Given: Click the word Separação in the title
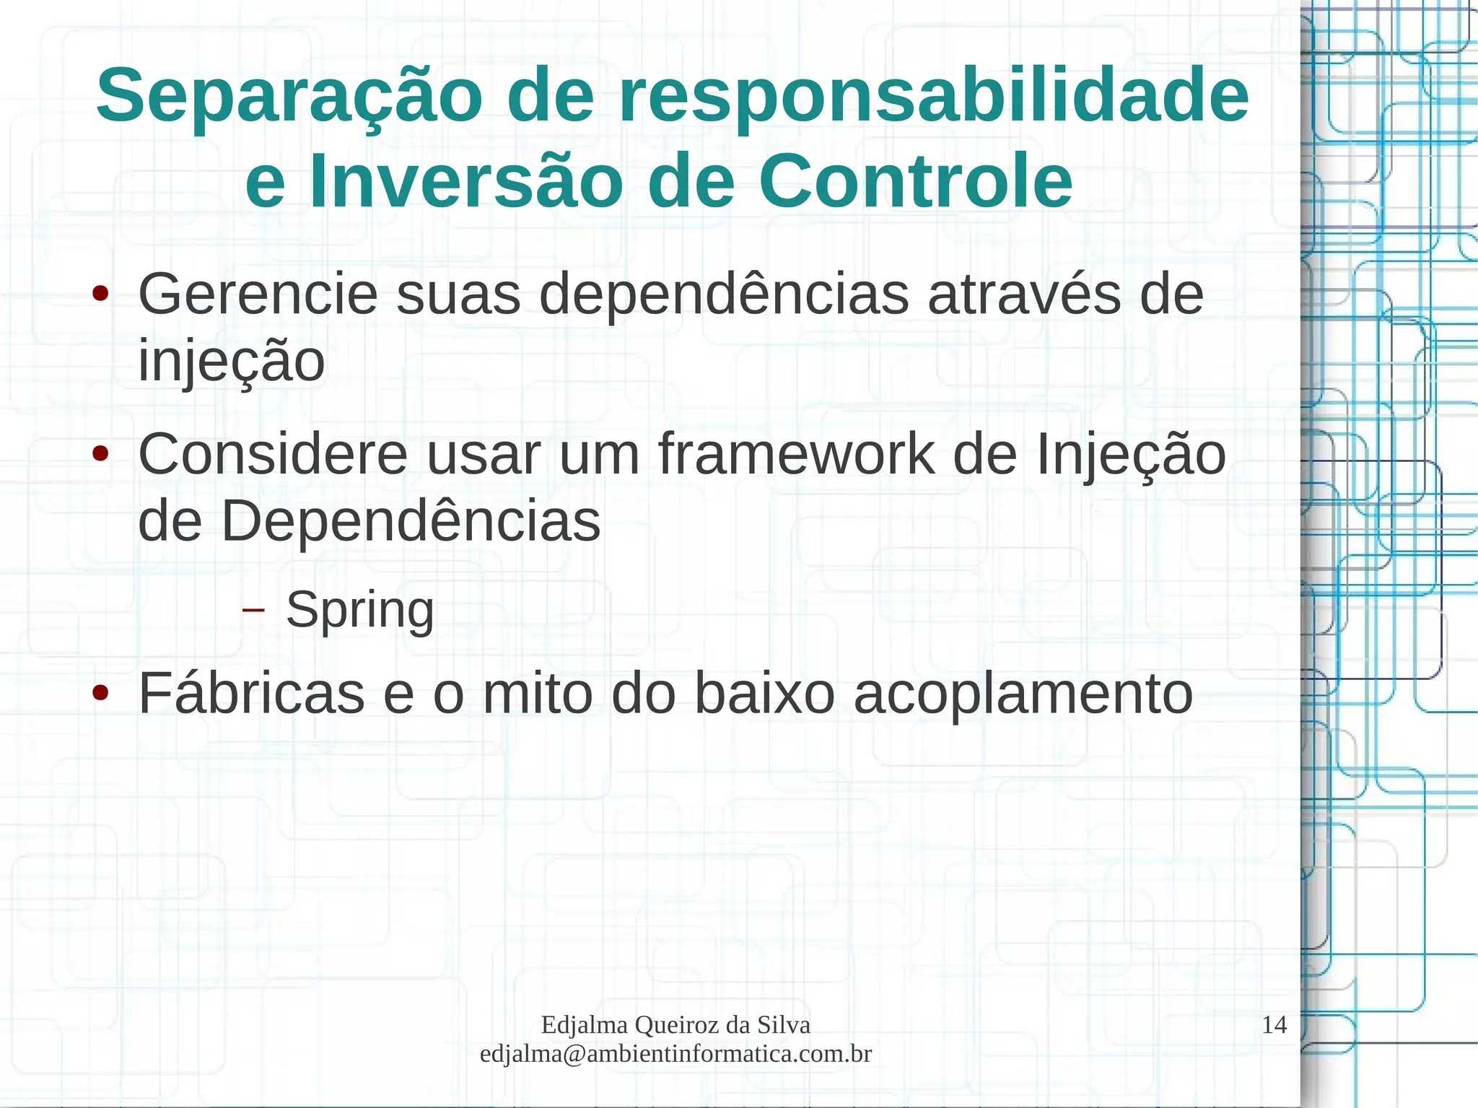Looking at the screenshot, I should (x=289, y=97).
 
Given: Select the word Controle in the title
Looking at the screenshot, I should (x=915, y=181).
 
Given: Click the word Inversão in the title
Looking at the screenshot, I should (x=465, y=181).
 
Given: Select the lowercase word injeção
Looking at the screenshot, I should (x=231, y=361).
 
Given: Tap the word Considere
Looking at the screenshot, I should (x=273, y=455).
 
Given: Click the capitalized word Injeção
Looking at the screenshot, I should (x=1131, y=455).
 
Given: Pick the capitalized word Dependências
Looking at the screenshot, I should (x=410, y=521).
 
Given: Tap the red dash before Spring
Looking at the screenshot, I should (x=253, y=611).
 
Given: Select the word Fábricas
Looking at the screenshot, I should (x=251, y=694).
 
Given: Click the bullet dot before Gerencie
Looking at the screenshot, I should (x=100, y=294).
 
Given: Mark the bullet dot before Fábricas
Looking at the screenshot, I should (x=100, y=694).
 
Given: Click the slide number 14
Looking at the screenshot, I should (x=1274, y=1025).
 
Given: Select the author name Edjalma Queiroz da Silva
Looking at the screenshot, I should (x=675, y=1025).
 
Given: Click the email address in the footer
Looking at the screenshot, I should (x=675, y=1054).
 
